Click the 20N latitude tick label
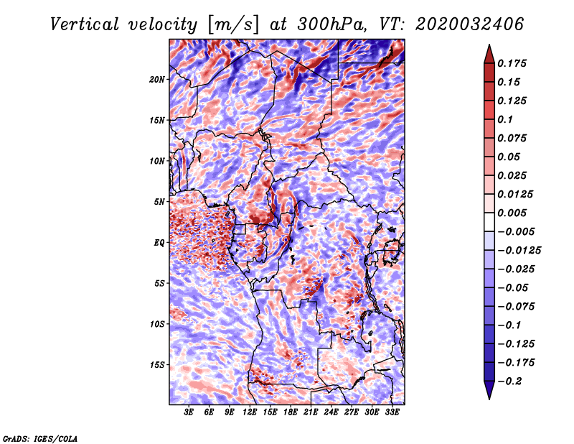point(156,79)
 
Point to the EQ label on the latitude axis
point(159,243)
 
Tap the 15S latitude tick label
point(156,365)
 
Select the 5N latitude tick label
point(159,202)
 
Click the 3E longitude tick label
point(189,412)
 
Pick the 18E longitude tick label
point(291,412)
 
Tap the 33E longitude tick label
point(392,412)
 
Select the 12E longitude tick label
point(250,412)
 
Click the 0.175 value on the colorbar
point(512,63)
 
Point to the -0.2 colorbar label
point(509,381)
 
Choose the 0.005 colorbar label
point(512,213)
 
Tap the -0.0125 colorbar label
point(519,251)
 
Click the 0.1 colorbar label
point(505,119)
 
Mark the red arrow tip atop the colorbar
point(489,45)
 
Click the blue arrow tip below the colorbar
point(489,399)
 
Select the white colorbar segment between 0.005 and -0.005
point(489,222)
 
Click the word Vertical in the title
point(85,24)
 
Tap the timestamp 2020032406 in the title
point(469,24)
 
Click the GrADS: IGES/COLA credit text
point(40,438)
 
